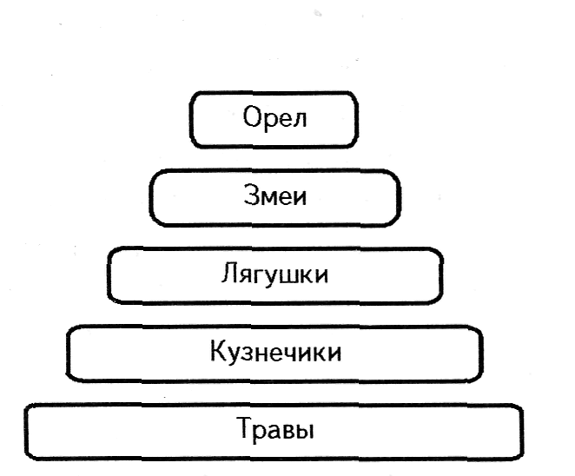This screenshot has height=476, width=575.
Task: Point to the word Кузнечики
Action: [275, 353]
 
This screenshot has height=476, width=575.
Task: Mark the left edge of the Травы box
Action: [26, 431]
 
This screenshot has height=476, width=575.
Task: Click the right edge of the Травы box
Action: [523, 431]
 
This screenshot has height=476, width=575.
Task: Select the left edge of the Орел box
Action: [191, 120]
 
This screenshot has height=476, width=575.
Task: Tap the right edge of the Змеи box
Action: [400, 198]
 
